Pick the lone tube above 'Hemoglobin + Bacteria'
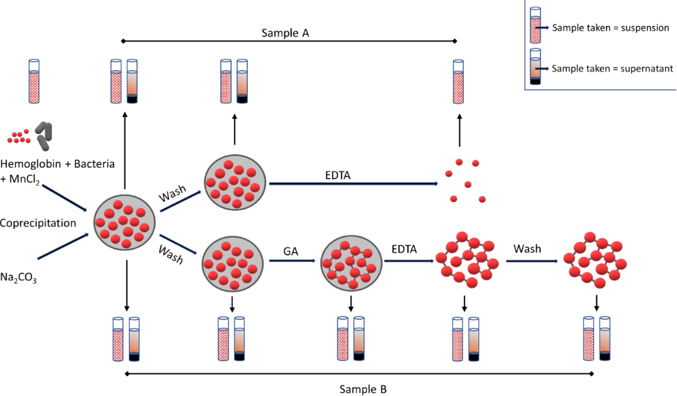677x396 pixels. [34, 81]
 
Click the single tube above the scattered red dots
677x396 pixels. [458, 81]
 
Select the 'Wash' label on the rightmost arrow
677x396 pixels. [527, 249]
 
